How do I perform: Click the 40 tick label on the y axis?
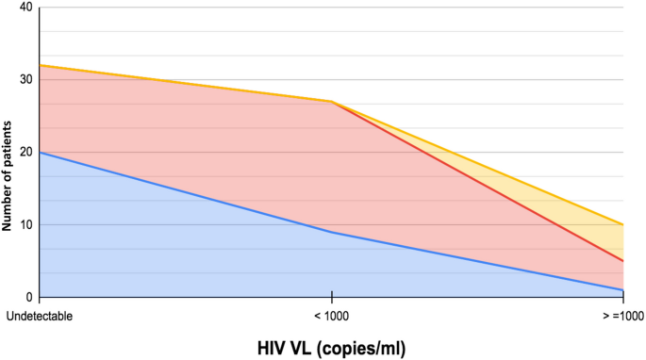click(25, 8)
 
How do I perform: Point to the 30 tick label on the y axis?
click(25, 79)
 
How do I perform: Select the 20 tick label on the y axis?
click(25, 152)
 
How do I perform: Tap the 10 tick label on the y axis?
click(25, 224)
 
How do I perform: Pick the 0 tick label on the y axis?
click(28, 296)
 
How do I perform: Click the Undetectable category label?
click(40, 315)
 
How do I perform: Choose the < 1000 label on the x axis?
click(331, 315)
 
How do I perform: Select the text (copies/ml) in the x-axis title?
click(362, 348)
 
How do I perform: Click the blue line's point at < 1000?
click(331, 232)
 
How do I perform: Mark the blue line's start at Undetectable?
click(40, 152)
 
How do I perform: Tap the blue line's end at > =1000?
click(623, 289)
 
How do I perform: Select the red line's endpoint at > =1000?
click(623, 260)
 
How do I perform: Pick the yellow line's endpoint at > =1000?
click(623, 224)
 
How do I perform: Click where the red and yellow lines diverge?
click(331, 101)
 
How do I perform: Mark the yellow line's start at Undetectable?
click(40, 65)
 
